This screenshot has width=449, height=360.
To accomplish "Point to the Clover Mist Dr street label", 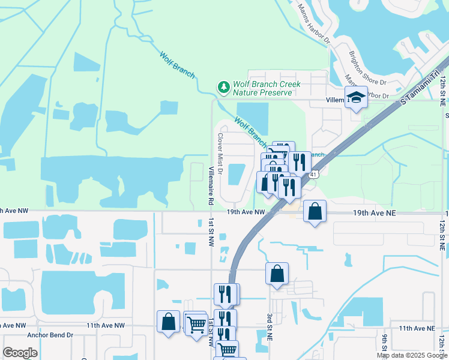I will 220,154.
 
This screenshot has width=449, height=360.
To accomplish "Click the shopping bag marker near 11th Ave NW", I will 168,321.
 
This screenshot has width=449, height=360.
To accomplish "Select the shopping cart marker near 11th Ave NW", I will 197,325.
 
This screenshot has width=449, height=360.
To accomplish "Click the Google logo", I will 20,353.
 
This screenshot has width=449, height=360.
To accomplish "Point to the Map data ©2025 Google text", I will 411,355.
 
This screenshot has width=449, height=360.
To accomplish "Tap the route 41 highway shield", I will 313,175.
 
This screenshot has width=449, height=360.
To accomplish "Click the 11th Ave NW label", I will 105,325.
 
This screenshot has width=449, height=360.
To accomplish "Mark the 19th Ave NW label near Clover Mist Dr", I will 246,212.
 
